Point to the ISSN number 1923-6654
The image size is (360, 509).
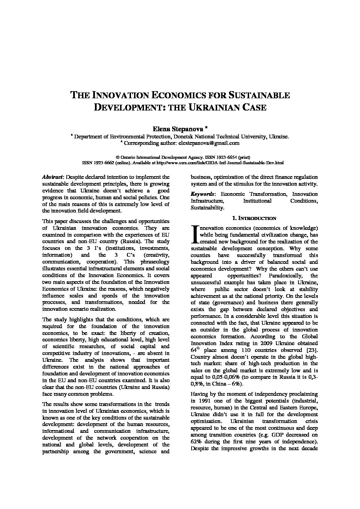224,157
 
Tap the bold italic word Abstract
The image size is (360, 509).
52,177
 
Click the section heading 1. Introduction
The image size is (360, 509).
254,218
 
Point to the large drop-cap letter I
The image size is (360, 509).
195,234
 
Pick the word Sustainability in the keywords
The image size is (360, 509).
207,208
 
